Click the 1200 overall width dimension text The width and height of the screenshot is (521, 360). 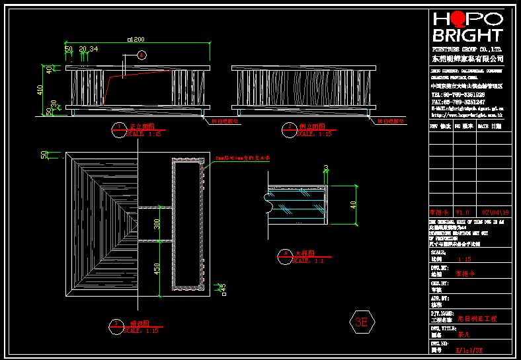(x=137, y=40)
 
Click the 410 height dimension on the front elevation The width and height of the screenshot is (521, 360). (x=40, y=89)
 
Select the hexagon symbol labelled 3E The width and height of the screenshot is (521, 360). (x=361, y=322)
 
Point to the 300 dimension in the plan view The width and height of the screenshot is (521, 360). (x=157, y=225)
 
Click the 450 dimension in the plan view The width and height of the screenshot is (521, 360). (x=157, y=270)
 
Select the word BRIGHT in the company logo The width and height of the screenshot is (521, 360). (x=467, y=35)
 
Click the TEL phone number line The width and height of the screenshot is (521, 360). (x=458, y=94)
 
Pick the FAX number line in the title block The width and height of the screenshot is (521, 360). (x=458, y=102)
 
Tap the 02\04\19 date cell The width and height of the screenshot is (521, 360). (x=495, y=213)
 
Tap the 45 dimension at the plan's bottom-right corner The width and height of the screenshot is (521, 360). (x=223, y=287)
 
